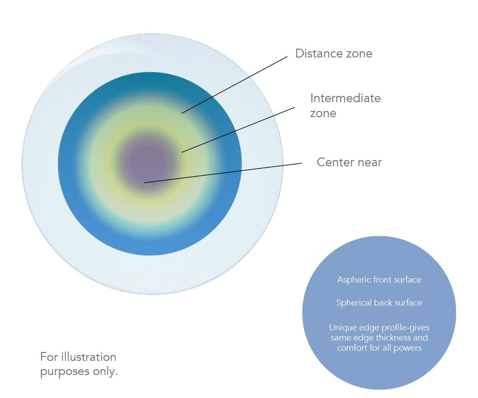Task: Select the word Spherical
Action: tap(354, 303)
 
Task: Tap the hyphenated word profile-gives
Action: tap(405, 328)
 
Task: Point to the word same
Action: tap(340, 338)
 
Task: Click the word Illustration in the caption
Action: tap(89, 357)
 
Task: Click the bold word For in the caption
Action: tap(49, 357)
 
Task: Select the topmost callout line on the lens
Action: tap(239, 84)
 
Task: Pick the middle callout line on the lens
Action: tap(239, 129)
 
